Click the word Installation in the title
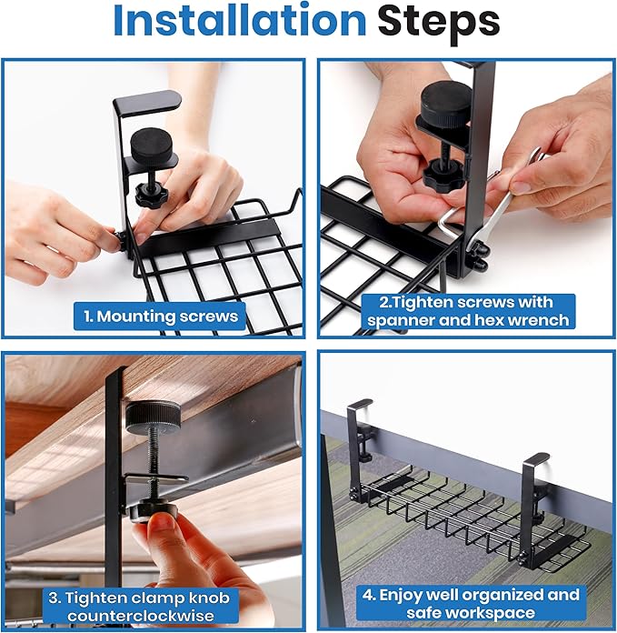click(237, 22)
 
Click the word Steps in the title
click(439, 22)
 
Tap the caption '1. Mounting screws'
click(160, 316)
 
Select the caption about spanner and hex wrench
click(467, 310)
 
